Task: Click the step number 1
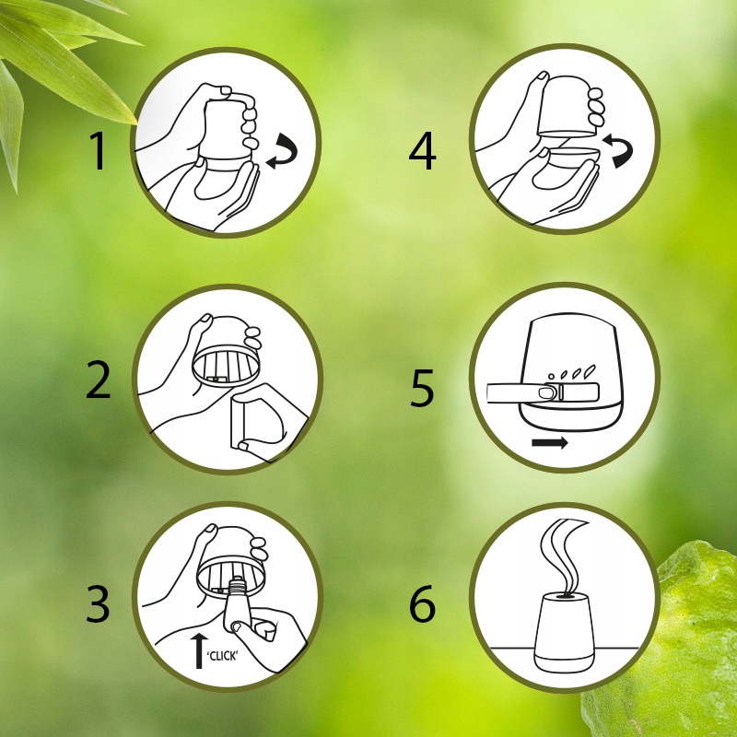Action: point(98,150)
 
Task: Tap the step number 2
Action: point(99,380)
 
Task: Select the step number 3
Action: point(98,603)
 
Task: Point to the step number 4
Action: point(423,150)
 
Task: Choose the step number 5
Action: point(422,387)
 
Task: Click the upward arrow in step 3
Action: point(200,650)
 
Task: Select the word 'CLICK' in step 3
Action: point(223,656)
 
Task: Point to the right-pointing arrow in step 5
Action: point(550,443)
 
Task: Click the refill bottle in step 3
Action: point(239,606)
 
